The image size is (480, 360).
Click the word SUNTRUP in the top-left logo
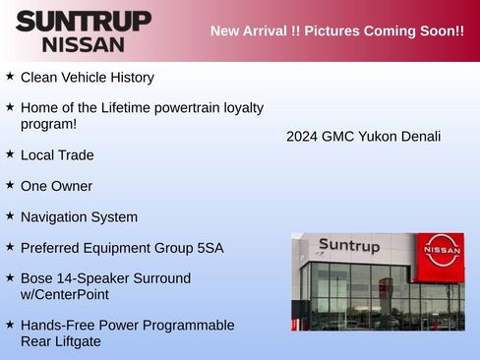coord(84,21)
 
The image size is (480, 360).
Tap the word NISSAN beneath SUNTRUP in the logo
coord(84,44)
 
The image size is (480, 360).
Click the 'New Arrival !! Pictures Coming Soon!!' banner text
coord(336,30)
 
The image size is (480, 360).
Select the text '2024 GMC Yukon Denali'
coord(363,136)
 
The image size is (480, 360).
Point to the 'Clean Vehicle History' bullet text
coord(87,77)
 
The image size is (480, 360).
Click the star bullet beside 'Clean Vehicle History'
coord(10,76)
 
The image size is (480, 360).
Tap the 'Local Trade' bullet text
coord(57,155)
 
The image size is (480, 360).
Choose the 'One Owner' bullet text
coord(56,186)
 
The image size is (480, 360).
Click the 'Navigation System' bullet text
coord(79,216)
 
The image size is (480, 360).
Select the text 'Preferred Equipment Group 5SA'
coord(122,248)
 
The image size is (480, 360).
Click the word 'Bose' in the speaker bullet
coord(37,278)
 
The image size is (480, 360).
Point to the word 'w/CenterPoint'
coord(64,294)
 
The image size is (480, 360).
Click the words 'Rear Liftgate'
coord(60,341)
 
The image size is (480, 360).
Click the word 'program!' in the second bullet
coord(48,124)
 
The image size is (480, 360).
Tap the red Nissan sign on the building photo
coord(441,250)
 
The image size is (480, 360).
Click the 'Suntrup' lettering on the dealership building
coord(348,246)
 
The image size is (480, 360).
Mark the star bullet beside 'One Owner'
coord(10,185)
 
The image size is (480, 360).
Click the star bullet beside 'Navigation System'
coord(10,215)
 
